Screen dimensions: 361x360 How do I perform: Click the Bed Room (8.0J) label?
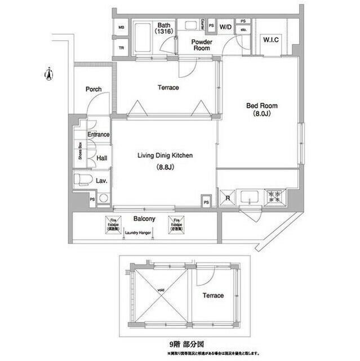coord(261,109)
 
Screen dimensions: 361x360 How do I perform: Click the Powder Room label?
coord(201,45)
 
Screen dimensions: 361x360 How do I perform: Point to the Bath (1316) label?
coord(164,28)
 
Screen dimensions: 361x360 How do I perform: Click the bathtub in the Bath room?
coord(146,38)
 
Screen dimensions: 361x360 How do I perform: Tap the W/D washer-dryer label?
coord(225,27)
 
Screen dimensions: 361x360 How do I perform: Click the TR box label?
coord(121,48)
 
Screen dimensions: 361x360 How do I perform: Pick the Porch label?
coord(93,90)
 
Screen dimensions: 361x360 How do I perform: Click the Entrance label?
coord(98,135)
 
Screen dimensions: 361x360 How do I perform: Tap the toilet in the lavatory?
coord(82,180)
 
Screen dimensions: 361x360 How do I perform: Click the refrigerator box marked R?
coord(228,198)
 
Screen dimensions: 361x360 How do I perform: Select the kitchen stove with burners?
coord(275,196)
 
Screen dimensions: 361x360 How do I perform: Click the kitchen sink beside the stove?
coord(248,197)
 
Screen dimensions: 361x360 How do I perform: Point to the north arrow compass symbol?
coord(48,73)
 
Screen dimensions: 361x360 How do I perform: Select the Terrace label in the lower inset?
coord(212,296)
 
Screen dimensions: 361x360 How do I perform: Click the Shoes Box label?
coord(81,152)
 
